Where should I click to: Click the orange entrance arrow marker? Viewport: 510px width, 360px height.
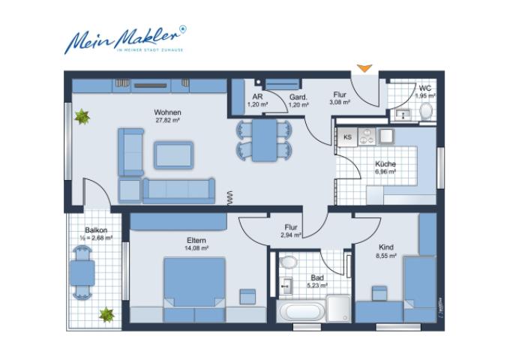coord(364,69)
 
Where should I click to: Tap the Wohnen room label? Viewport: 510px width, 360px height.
coord(169,112)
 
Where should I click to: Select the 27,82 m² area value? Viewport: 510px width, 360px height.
coord(169,120)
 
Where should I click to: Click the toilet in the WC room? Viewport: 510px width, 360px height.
coord(426,112)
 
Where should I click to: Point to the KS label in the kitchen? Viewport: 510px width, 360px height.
coord(347,136)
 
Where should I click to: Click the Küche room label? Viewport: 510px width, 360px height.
coord(385,163)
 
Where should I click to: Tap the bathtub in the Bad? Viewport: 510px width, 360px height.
coord(301,311)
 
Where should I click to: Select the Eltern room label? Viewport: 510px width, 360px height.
coord(197,241)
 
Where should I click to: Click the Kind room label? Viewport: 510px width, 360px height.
coord(386,247)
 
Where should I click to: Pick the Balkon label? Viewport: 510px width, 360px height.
coord(95,230)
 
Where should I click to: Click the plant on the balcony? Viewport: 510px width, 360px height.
coord(107,314)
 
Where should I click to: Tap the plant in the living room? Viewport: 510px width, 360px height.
coord(81,116)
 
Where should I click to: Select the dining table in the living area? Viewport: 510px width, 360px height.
coord(263,140)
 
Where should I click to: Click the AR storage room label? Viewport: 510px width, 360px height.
coord(257,97)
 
